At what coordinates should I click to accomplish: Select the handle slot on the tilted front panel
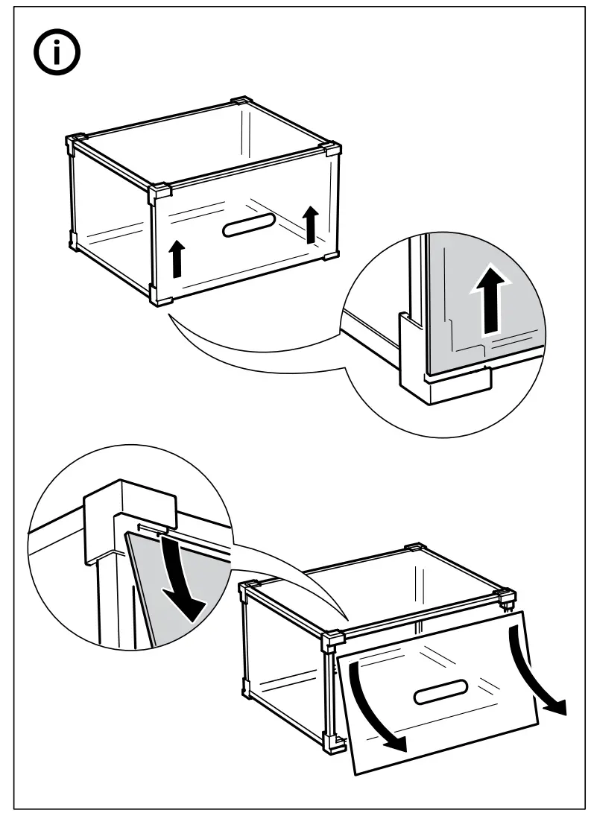click(440, 692)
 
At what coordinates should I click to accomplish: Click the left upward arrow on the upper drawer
click(177, 259)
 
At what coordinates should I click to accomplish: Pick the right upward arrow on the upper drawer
click(311, 224)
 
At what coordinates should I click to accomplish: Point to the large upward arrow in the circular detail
click(490, 300)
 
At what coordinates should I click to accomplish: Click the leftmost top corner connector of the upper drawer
click(75, 142)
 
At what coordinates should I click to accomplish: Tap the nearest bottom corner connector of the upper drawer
click(160, 296)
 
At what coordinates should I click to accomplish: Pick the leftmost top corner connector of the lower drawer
click(247, 591)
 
